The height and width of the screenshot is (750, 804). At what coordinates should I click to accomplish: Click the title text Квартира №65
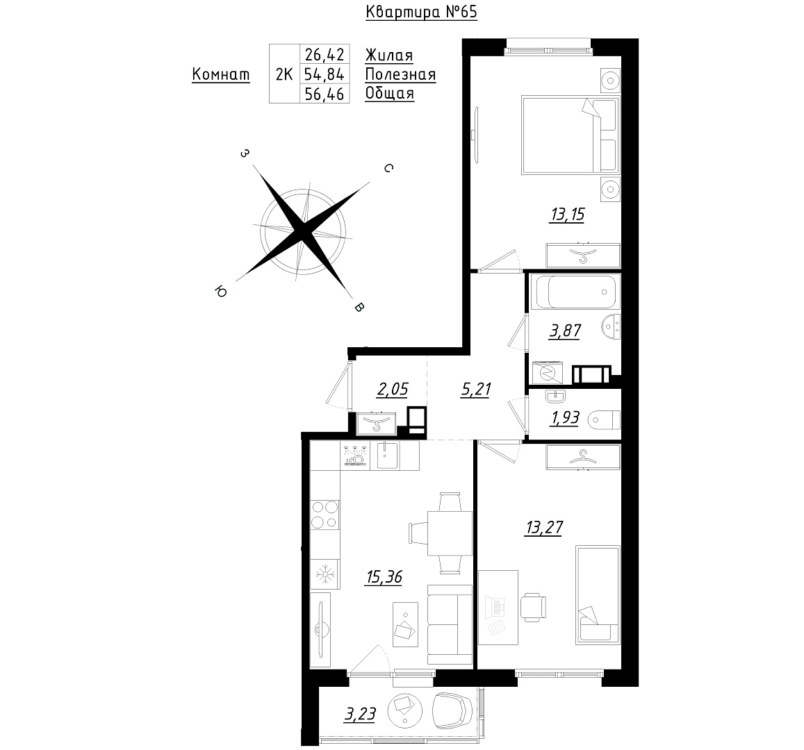click(421, 12)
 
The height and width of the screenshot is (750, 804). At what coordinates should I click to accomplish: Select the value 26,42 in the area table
click(324, 54)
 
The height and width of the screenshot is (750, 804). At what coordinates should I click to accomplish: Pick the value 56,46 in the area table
click(324, 94)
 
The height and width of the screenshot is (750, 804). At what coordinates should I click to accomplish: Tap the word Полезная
click(400, 75)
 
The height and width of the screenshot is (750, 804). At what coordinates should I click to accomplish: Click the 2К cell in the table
click(284, 75)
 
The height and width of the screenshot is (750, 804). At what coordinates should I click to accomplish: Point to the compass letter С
click(388, 168)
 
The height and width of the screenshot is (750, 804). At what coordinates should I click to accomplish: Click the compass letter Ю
click(220, 292)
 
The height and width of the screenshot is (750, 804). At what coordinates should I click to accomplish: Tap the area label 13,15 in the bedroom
click(567, 214)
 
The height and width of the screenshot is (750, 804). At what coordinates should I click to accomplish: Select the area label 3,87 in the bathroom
click(565, 331)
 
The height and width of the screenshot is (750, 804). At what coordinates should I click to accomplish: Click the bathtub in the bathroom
click(576, 292)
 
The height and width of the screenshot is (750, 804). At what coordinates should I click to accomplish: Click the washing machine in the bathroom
click(547, 372)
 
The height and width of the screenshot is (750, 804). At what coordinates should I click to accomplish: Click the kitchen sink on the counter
click(388, 456)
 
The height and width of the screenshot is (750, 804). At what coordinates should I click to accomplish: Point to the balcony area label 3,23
click(360, 714)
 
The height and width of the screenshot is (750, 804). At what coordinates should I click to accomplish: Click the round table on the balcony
click(404, 709)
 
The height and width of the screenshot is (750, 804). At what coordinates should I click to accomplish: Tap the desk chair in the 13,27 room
click(533, 607)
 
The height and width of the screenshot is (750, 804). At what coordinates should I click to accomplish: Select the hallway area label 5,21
click(476, 390)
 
